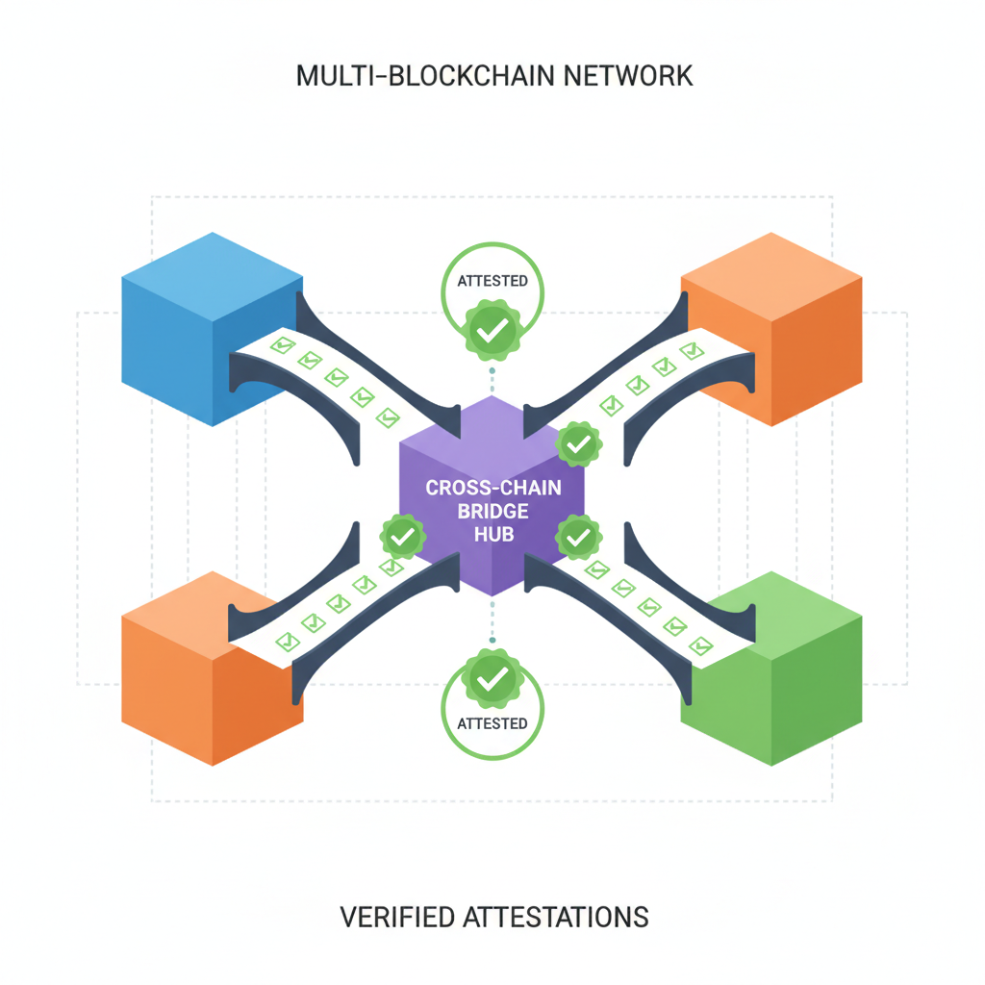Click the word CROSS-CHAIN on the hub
492,487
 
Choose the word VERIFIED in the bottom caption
396,917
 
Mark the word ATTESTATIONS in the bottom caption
556,917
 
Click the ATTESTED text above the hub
492,281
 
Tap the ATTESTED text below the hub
492,722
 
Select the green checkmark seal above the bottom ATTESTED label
492,678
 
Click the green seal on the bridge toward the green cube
578,537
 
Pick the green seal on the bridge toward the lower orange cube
402,536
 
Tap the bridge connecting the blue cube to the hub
332,380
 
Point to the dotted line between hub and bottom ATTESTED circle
492,620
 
